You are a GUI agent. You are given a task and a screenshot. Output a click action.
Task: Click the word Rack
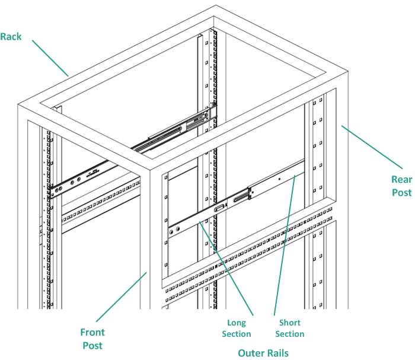[x=11, y=37]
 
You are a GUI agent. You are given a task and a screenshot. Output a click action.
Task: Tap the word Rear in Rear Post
[x=401, y=179]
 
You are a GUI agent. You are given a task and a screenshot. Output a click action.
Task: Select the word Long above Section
[x=237, y=323]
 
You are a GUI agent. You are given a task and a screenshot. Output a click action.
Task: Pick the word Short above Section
[x=289, y=323]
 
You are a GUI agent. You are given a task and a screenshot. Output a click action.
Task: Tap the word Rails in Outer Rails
[x=277, y=353]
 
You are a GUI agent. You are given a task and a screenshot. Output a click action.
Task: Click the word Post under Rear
[x=401, y=192]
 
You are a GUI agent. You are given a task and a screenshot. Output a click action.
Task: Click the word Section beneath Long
[x=237, y=334]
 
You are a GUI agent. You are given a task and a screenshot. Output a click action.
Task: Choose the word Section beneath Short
[x=289, y=334]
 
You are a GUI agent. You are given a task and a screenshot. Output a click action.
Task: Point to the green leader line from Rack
[x=50, y=58]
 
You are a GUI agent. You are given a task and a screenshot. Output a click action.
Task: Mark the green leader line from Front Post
[x=121, y=297]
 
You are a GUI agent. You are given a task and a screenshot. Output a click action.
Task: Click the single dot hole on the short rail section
[x=279, y=179]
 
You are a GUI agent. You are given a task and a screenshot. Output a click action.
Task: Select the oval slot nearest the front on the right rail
[x=218, y=208]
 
